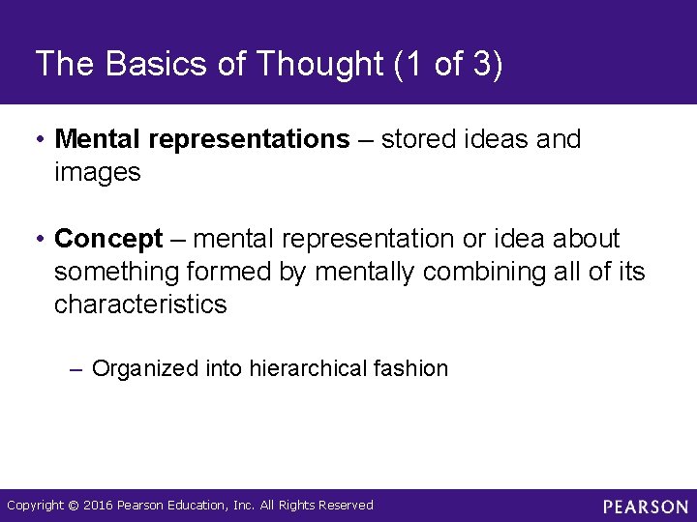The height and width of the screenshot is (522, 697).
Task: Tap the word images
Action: pos(98,173)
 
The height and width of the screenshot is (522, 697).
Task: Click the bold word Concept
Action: pos(109,239)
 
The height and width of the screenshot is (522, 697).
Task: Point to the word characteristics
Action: pos(140,304)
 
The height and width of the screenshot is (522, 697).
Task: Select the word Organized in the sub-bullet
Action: pos(146,368)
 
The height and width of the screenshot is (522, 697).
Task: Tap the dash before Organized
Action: pos(77,368)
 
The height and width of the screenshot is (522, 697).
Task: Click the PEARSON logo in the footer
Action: pos(645,507)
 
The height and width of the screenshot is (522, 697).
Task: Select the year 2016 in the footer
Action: pos(99,506)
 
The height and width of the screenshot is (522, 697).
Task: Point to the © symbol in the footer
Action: pos(73,506)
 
